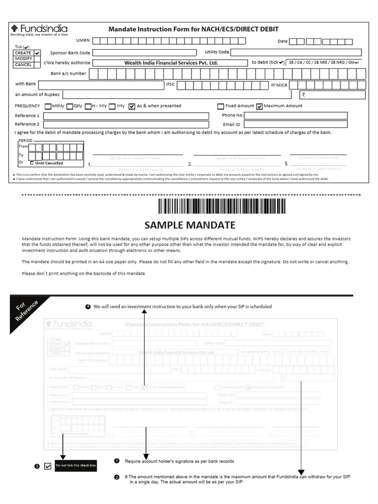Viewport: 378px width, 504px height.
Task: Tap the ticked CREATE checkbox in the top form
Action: coord(37,53)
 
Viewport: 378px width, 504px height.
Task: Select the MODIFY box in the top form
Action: coord(24,59)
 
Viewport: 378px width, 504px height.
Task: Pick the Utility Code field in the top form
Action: coord(298,52)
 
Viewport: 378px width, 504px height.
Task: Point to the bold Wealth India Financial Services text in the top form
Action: coord(171,63)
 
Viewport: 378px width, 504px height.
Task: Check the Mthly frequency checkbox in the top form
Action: coord(48,106)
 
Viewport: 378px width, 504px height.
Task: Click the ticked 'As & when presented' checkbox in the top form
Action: coord(131,106)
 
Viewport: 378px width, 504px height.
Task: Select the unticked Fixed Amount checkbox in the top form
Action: coord(220,106)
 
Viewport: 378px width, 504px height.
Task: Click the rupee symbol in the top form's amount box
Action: coord(304,95)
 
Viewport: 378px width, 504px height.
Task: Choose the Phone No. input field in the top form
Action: coord(295,116)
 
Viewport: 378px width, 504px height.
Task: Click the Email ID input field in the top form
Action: coord(295,125)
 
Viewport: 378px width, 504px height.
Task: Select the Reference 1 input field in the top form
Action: coord(126,116)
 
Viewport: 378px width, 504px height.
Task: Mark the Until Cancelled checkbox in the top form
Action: coord(32,163)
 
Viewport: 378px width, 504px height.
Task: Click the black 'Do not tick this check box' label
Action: coord(72,465)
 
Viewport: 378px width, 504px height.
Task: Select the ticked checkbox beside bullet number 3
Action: coord(48,466)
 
